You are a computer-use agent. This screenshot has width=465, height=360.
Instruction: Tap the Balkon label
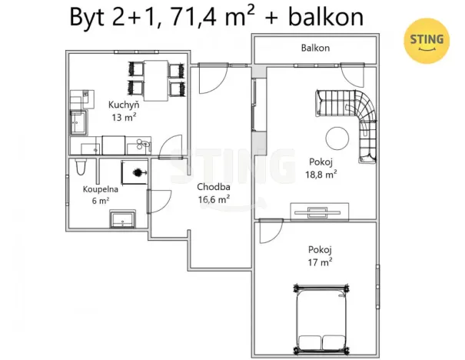314,48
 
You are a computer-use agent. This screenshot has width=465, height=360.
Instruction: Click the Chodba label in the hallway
211,187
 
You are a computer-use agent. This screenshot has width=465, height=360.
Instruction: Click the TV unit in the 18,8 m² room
318,209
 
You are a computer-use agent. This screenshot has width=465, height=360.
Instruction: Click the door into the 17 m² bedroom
269,231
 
